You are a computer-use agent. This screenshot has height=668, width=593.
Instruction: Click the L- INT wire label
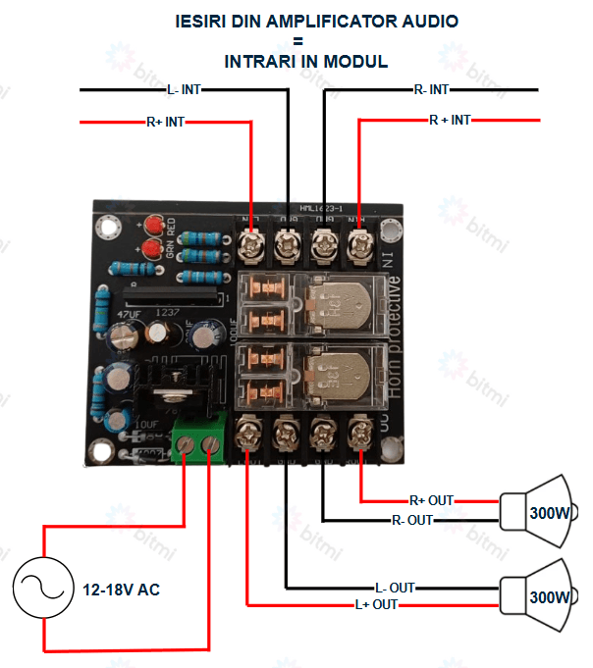pos(184,89)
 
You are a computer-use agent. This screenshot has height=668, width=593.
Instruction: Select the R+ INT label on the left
pos(164,123)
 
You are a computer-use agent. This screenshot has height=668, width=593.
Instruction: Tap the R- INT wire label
pos(431,89)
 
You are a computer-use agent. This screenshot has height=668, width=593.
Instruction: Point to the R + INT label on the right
pos(450,120)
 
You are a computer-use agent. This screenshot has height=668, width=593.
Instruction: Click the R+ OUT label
pos(431,500)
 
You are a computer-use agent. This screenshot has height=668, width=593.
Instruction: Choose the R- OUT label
pos(411,520)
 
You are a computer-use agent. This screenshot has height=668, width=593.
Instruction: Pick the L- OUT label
pos(395,588)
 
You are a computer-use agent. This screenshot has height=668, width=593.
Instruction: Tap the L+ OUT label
pos(376,604)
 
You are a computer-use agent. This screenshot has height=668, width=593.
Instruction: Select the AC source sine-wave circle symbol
pos(41,590)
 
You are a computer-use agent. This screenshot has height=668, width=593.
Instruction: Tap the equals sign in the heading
pos(296,41)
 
